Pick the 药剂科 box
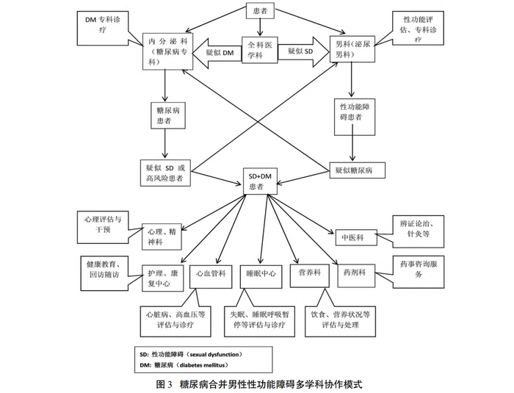[355, 273]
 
